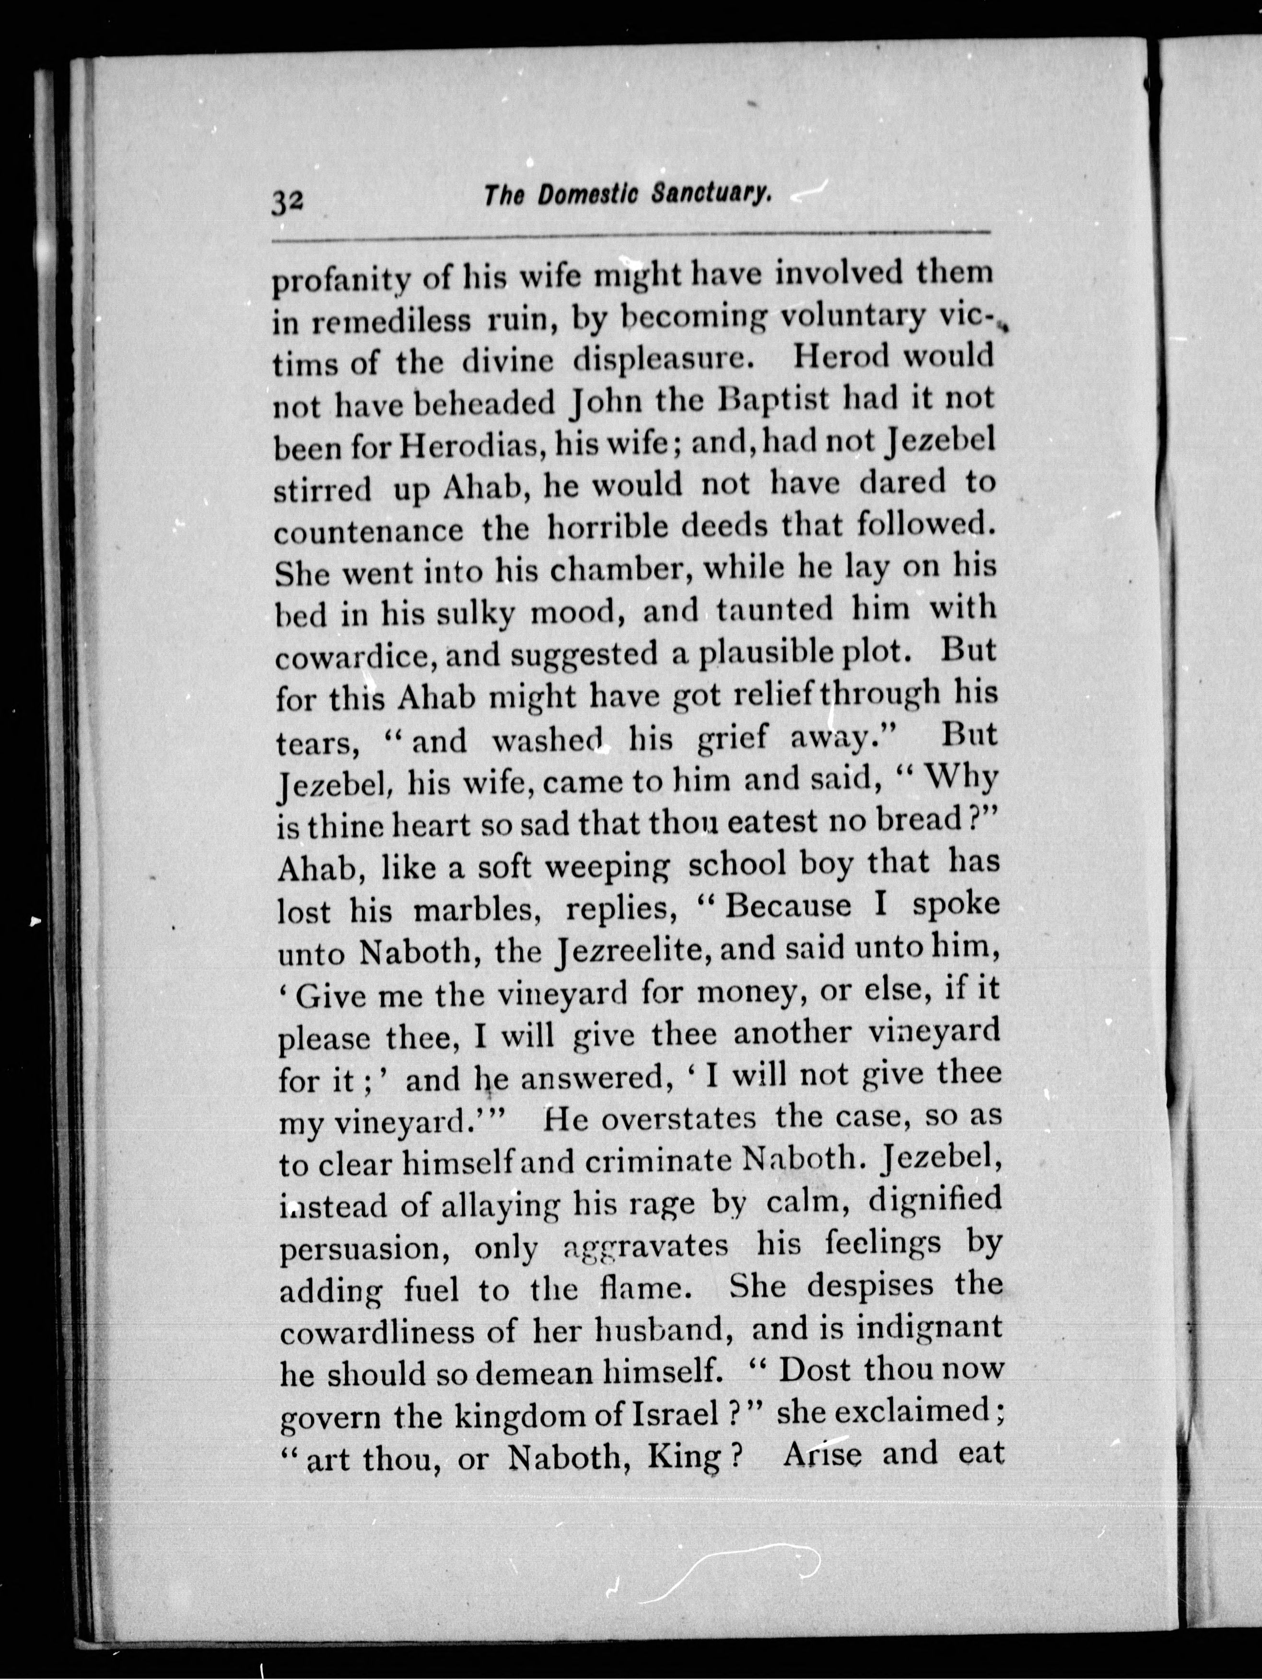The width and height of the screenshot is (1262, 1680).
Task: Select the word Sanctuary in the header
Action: coord(712,196)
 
